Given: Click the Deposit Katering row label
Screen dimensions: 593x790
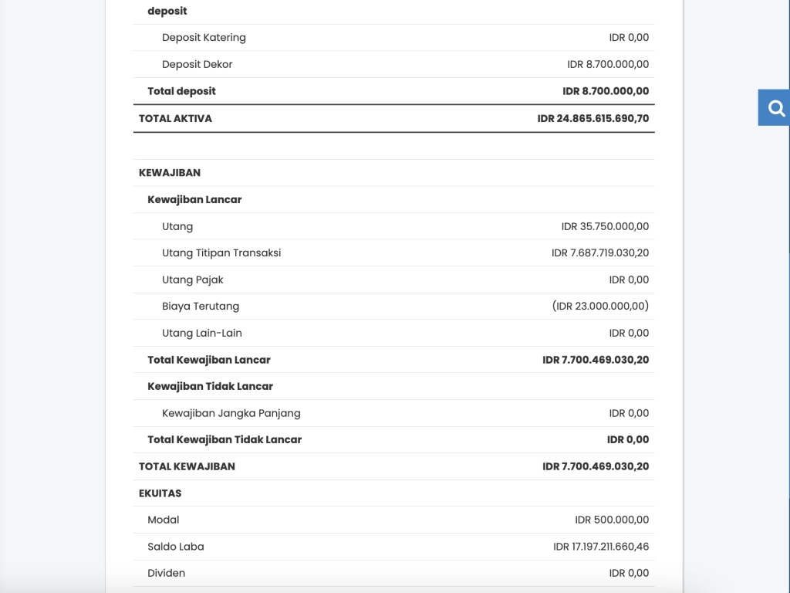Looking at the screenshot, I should point(204,38).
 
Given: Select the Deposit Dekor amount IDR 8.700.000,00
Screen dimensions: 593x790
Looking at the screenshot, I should point(608,65).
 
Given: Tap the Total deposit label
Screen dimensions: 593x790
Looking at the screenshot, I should point(181,91).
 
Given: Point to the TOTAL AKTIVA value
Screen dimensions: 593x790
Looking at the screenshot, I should point(592,119).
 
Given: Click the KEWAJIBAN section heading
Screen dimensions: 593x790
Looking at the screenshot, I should point(169,173).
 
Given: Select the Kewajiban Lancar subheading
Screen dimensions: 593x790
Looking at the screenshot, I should point(194,200).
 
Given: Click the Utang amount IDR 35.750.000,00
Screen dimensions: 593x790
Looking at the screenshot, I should point(605,227).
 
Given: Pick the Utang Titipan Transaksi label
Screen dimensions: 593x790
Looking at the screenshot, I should point(221,253).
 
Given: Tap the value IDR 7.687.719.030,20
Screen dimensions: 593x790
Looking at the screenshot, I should point(600,253).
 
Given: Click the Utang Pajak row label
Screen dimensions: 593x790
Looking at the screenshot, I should point(192,280).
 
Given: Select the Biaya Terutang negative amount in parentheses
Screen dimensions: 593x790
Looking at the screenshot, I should point(600,307).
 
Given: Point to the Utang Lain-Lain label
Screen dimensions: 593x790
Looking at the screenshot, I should point(201,334).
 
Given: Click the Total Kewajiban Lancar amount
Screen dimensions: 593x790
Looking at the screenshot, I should point(596,360).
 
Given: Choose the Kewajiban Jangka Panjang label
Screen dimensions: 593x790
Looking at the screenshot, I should point(231,413).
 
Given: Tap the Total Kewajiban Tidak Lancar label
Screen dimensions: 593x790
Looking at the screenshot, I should point(225,440).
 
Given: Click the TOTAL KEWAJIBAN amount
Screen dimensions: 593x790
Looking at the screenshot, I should point(596,466).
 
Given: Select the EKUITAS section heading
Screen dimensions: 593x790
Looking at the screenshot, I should point(160,493).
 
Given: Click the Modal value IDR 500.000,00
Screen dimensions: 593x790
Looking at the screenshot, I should point(612,520).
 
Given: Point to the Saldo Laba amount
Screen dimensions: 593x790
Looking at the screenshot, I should point(601,547).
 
